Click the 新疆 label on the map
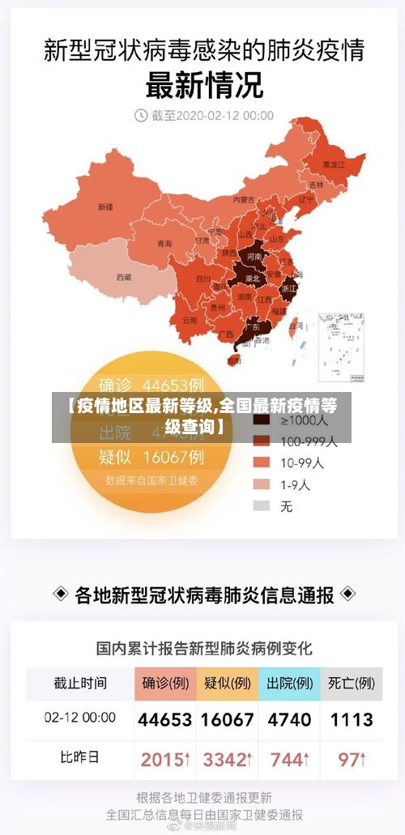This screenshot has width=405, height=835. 105,207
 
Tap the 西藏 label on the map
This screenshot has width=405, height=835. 123,277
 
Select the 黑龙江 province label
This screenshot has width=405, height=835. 333,164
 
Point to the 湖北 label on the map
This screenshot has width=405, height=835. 253,278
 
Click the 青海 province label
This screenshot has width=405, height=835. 164,243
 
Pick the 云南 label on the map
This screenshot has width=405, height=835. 190,319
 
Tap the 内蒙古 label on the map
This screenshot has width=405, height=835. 243,198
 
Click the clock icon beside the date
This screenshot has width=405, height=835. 141,115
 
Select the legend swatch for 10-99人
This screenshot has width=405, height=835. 262,462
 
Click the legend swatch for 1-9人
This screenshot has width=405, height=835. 262,484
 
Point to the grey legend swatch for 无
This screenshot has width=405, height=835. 262,505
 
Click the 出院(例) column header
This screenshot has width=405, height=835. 289,684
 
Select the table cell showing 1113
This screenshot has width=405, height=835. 351,719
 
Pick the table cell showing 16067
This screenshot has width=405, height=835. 227,719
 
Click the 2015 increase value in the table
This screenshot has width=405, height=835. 164,760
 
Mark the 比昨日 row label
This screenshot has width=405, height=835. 79,758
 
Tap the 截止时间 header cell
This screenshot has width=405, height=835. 79,684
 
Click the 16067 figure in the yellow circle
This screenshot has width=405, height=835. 173,456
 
